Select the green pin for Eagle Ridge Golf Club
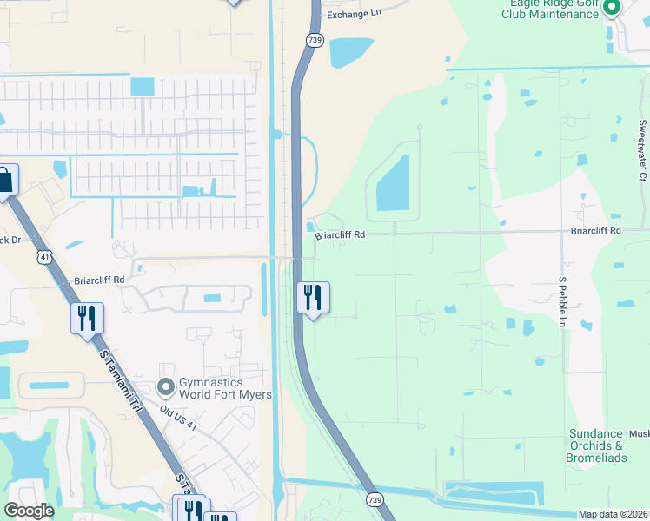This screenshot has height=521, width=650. (611, 9)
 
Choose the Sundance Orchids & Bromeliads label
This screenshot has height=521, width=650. (596, 445)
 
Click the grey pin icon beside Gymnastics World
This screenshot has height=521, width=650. (165, 386)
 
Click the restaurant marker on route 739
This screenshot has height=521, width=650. (311, 298)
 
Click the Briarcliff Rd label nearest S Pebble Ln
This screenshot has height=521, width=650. (596, 231)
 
